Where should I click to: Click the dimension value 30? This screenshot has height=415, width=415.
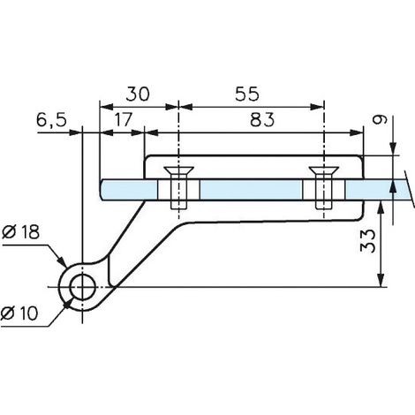(138, 94)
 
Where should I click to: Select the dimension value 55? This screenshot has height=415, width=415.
(247, 94)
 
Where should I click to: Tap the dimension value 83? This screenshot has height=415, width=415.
(262, 120)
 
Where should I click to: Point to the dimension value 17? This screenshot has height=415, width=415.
(123, 120)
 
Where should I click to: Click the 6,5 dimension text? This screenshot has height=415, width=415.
(52, 120)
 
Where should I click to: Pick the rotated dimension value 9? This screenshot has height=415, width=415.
(380, 120)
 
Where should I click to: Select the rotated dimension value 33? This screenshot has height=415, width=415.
(368, 241)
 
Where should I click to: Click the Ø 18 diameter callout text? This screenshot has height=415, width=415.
(20, 232)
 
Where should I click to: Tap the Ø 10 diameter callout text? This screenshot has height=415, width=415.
(19, 313)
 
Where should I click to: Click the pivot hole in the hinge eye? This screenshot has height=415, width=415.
(83, 287)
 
